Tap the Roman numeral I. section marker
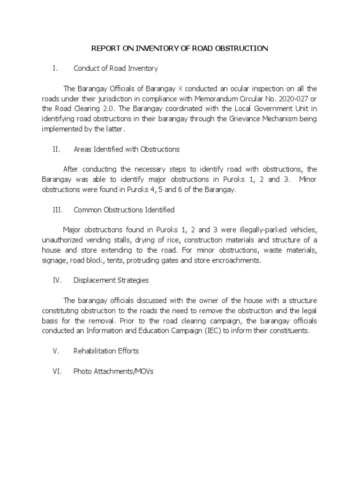point(55,68)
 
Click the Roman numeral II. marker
point(56,150)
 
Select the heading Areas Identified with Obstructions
point(127,150)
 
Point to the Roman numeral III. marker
point(57,210)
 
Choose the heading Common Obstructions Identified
point(124,210)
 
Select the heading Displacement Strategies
point(111,280)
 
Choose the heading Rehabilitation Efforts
point(106,351)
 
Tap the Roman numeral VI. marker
point(56,371)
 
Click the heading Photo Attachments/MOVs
point(113,371)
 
